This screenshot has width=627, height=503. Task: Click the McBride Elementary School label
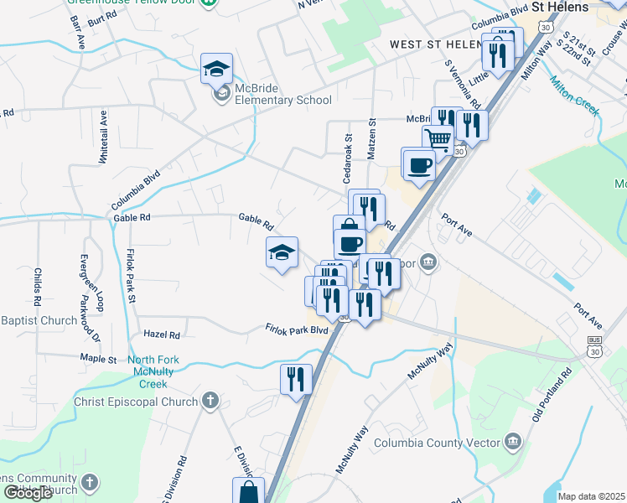[284, 101]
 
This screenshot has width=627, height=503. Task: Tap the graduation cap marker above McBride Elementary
[216, 70]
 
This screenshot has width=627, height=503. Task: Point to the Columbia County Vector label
[435, 443]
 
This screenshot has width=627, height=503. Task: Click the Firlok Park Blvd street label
[297, 329]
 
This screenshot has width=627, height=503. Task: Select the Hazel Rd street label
[162, 334]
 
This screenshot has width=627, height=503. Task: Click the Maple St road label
[98, 359]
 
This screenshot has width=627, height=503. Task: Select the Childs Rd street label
[38, 286]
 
